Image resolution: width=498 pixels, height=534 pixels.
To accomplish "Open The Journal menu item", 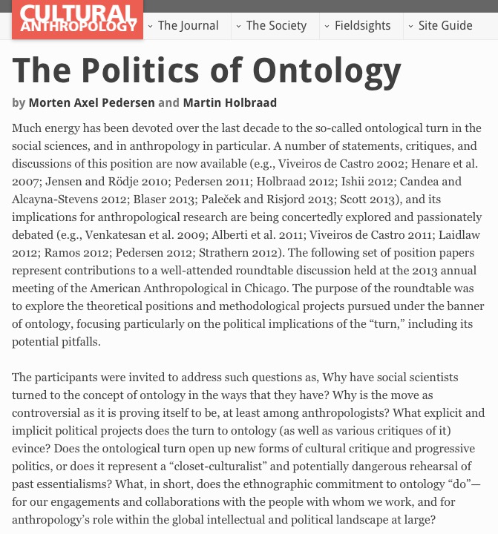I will point(188,26).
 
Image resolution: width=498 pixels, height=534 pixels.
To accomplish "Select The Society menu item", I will point(276,26).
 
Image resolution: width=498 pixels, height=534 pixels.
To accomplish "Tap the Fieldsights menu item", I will point(362,26).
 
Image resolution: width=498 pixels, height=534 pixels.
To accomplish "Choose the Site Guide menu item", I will point(445,26).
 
